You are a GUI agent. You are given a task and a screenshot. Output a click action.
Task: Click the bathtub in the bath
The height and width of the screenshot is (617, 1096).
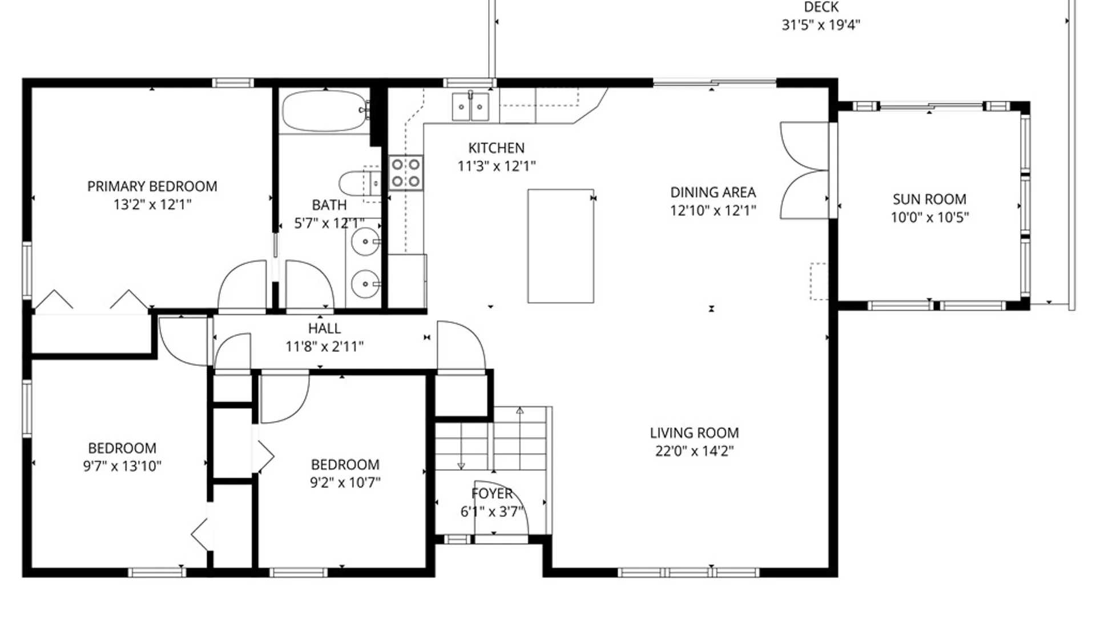point(325,111)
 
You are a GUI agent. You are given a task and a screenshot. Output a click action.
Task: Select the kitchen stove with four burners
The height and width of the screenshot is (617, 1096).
point(406,173)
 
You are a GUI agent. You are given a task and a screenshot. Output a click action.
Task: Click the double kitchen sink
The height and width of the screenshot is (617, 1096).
point(470,107)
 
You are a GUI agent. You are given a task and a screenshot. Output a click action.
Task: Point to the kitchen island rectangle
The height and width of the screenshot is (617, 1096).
point(561,246)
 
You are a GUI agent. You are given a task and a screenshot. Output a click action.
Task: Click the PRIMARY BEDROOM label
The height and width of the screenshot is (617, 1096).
point(152,186)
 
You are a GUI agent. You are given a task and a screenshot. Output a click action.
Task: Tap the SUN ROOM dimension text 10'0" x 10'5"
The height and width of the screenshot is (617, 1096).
point(930,217)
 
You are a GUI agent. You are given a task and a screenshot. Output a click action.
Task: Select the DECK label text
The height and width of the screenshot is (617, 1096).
point(821,7)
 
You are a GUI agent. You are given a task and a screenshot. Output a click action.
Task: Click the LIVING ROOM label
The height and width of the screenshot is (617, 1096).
point(695,433)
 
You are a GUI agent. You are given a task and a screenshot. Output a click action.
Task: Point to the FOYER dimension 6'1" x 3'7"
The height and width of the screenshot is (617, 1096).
point(492,511)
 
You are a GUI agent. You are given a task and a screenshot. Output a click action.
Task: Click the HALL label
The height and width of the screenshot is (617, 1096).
point(324,328)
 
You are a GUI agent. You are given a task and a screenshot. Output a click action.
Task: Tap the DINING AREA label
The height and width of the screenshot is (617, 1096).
point(713,193)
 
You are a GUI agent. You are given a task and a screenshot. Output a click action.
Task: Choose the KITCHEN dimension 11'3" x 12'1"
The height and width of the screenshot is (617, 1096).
point(497,166)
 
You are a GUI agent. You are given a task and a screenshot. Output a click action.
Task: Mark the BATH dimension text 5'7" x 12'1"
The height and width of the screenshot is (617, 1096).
point(329,223)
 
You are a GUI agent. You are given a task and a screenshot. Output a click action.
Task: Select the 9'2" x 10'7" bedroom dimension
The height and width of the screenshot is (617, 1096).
point(345,483)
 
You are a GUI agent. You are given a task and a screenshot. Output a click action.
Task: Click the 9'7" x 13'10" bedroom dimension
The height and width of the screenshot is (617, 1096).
point(122,466)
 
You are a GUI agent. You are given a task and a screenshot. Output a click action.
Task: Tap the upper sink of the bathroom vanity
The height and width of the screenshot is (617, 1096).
point(365,242)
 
